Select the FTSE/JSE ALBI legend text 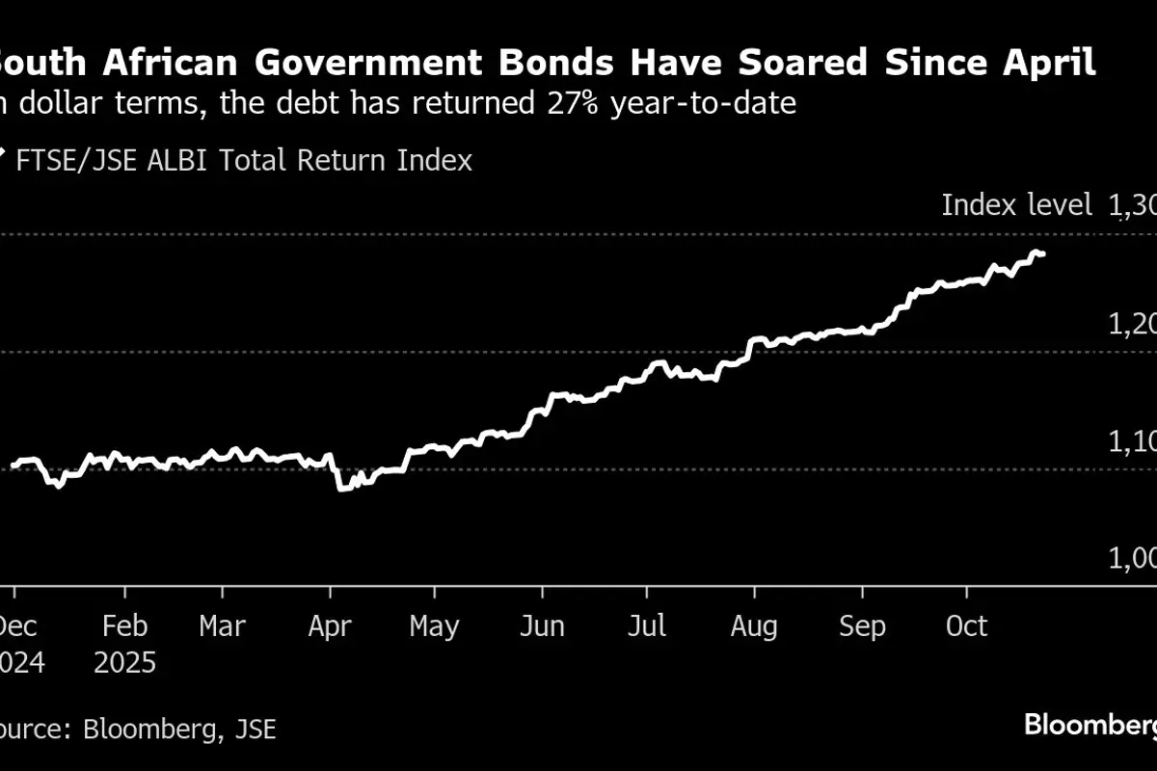point(244,160)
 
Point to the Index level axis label point(1016,204)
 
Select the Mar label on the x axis point(223,626)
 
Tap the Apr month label point(331,626)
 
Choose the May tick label point(434,626)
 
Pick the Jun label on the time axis point(542,626)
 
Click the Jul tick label point(647,626)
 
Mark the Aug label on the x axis point(753,626)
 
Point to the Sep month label point(861,626)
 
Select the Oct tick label point(966,626)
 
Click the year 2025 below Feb point(125,664)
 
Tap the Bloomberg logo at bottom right point(1090,724)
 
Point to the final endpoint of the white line point(1043,254)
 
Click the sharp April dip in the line point(340,488)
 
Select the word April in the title point(1049,64)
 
